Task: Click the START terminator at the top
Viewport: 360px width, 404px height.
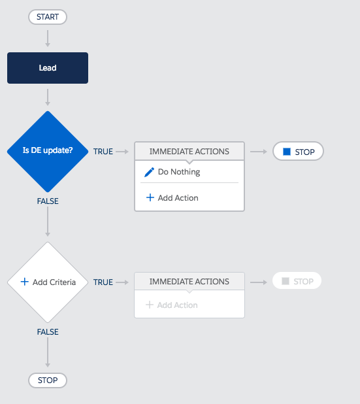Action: (48, 17)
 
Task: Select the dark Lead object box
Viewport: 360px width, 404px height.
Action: (48, 68)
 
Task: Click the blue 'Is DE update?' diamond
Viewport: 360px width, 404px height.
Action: (48, 152)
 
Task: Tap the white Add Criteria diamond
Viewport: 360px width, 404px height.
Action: (48, 282)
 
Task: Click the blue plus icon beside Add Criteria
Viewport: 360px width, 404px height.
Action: (24, 282)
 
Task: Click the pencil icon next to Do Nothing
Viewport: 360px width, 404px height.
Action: (149, 172)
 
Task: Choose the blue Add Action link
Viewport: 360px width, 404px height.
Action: (172, 198)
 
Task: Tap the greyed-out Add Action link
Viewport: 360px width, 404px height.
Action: (171, 305)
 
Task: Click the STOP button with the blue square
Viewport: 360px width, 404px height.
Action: (298, 151)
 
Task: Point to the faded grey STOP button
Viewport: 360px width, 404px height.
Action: (297, 281)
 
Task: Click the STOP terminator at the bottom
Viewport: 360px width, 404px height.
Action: (48, 380)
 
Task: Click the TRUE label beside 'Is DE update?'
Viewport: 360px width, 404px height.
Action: (103, 152)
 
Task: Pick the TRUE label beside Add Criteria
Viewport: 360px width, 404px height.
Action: (103, 282)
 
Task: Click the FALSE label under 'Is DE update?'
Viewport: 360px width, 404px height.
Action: (48, 201)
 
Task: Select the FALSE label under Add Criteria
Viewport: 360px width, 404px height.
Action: (48, 332)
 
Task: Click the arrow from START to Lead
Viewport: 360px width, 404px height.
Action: (48, 39)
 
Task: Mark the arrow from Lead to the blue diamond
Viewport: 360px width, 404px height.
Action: (48, 97)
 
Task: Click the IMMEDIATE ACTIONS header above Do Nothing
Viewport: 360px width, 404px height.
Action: (189, 151)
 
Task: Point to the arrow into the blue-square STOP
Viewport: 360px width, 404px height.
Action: (259, 152)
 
